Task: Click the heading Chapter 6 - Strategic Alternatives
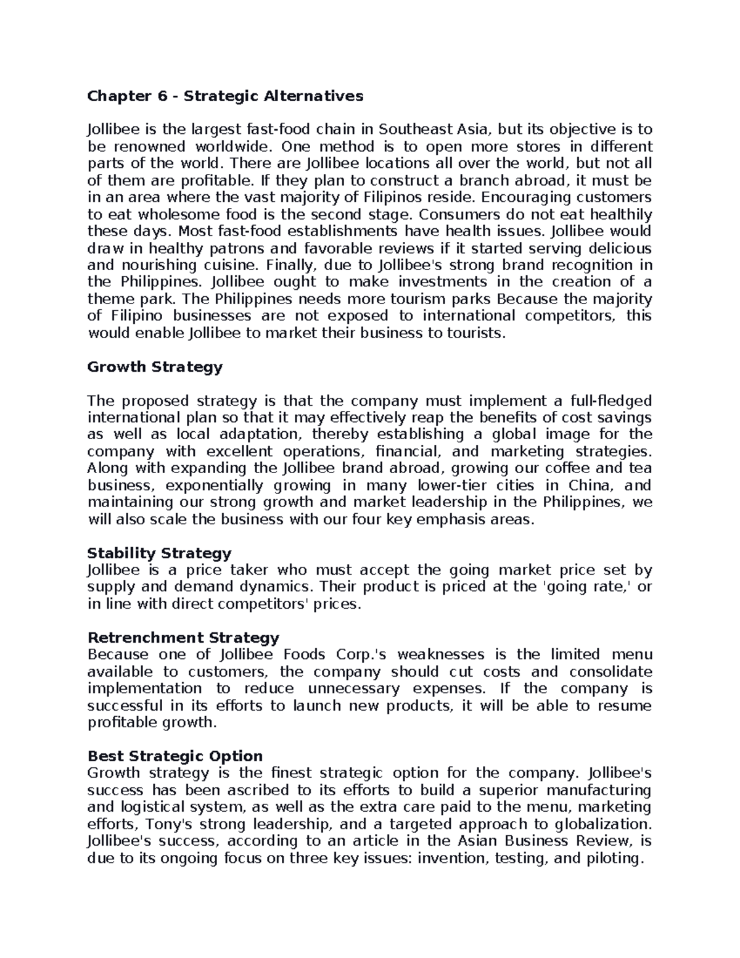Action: click(x=225, y=96)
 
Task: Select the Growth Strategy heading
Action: click(x=155, y=367)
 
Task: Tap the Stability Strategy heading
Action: click(x=159, y=553)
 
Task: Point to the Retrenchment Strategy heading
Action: click(x=183, y=637)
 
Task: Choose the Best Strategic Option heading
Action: click(x=175, y=756)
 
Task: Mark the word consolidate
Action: click(x=610, y=672)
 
